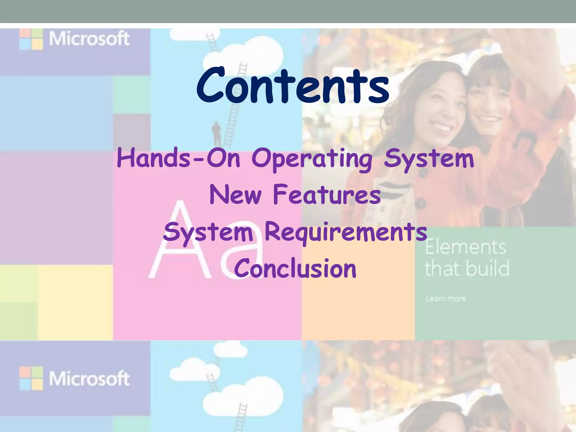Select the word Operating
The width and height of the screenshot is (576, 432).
click(x=312, y=159)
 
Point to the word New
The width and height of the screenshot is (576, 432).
click(x=236, y=195)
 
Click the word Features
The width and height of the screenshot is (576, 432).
click(x=327, y=195)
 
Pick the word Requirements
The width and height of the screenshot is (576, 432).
click(x=346, y=232)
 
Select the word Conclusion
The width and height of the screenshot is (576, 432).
click(x=295, y=269)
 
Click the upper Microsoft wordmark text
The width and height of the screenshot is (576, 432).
click(x=89, y=39)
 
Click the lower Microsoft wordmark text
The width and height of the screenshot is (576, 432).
click(x=89, y=379)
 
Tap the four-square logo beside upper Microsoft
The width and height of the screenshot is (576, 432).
click(x=31, y=39)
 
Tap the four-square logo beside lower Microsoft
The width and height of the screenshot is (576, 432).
click(x=31, y=379)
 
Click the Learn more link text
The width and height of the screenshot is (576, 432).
click(x=445, y=298)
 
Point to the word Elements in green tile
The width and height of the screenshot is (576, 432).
click(x=465, y=247)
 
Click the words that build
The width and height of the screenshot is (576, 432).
click(x=467, y=268)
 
